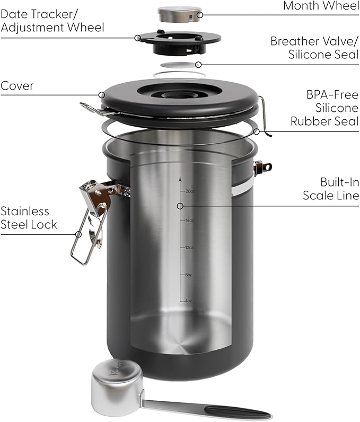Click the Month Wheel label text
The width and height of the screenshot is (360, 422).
pyautogui.click(x=321, y=6)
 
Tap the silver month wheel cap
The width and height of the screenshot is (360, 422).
pyautogui.click(x=180, y=14)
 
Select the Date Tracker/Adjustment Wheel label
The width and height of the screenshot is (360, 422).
pyautogui.click(x=52, y=20)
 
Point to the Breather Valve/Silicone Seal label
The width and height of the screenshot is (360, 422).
pyautogui.click(x=314, y=48)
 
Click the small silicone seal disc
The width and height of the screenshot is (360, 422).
pyautogui.click(x=178, y=64)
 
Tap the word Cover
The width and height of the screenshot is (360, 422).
pyautogui.click(x=17, y=86)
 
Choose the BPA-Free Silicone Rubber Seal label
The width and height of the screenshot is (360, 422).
pyautogui.click(x=324, y=108)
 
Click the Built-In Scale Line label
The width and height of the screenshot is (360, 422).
pyautogui.click(x=331, y=189)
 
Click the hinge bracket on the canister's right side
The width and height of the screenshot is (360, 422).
pyautogui.click(x=261, y=168)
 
